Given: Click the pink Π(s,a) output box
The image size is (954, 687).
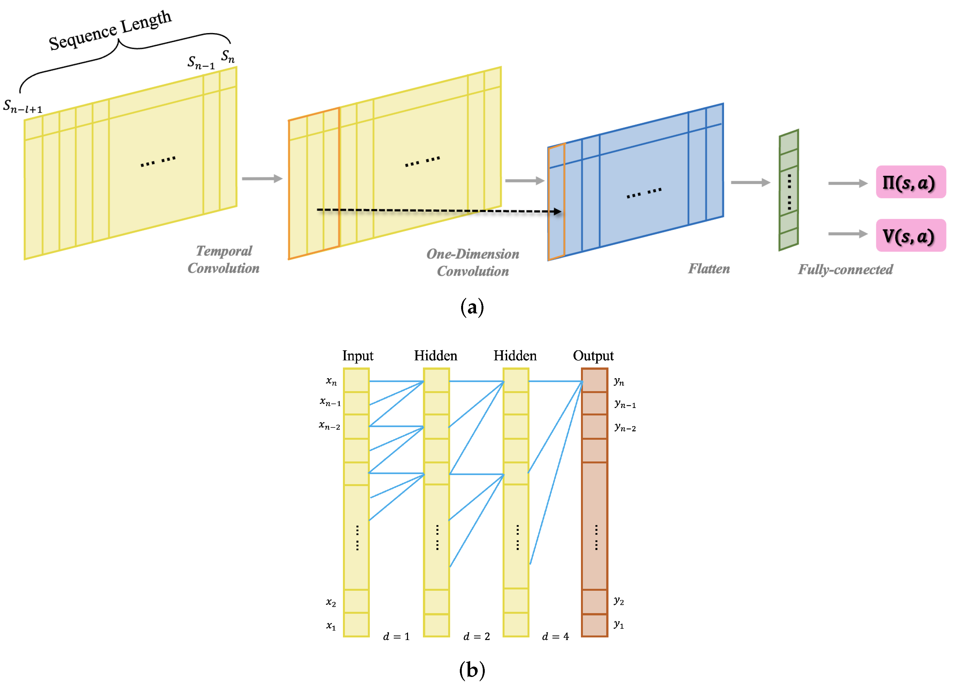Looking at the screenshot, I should (910, 182).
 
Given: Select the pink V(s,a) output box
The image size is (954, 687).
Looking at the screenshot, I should (910, 236).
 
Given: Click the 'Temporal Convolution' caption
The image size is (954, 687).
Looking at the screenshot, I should (223, 260).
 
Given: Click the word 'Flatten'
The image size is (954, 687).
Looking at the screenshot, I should (709, 269).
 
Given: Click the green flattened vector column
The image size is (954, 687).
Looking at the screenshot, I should (789, 190).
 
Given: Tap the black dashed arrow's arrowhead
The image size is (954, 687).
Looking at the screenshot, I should (558, 212).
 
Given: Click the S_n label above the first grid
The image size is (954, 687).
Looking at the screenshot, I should (228, 56).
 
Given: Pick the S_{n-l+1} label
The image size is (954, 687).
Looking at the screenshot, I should (23, 107).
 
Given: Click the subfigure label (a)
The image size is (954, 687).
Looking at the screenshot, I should (472, 307).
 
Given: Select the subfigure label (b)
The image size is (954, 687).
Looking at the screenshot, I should (472, 670).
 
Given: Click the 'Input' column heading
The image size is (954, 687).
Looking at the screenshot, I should (358, 356).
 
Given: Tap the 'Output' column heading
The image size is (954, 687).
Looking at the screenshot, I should (593, 356).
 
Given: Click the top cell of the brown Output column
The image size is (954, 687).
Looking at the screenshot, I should (594, 380).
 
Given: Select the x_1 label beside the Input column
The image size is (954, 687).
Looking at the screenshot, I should (331, 626).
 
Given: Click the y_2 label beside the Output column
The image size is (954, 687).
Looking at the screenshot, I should (618, 601).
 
